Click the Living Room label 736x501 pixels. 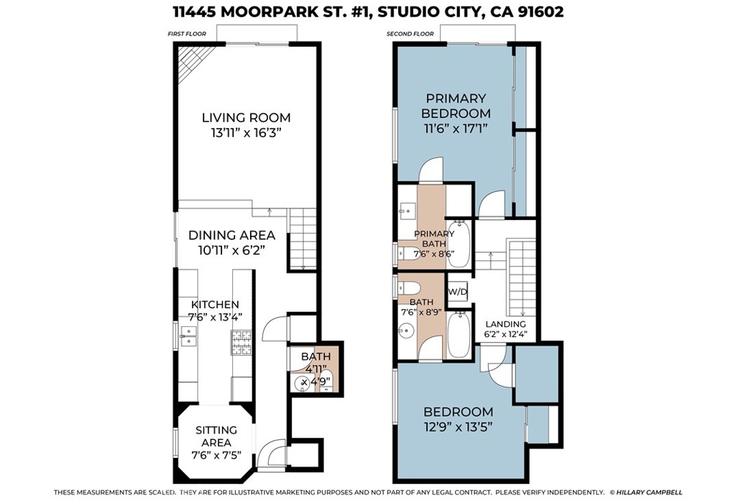pos(246,117)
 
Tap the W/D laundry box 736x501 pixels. pos(457,292)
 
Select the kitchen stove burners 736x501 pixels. pos(241,342)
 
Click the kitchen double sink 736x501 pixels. pos(188,335)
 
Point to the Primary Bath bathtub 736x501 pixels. pos(458,244)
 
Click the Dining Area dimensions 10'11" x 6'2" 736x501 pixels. pos(232,250)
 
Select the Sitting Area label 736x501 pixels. pos(216,436)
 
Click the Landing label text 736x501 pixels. pos(505,324)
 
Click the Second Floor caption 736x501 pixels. pos(410,34)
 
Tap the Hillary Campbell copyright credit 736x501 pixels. pos(646,492)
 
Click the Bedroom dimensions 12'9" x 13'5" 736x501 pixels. pos(458,427)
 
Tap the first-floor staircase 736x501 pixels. pos(302,239)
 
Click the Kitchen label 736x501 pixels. pos(215,304)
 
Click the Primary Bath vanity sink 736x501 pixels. pos(405,210)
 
